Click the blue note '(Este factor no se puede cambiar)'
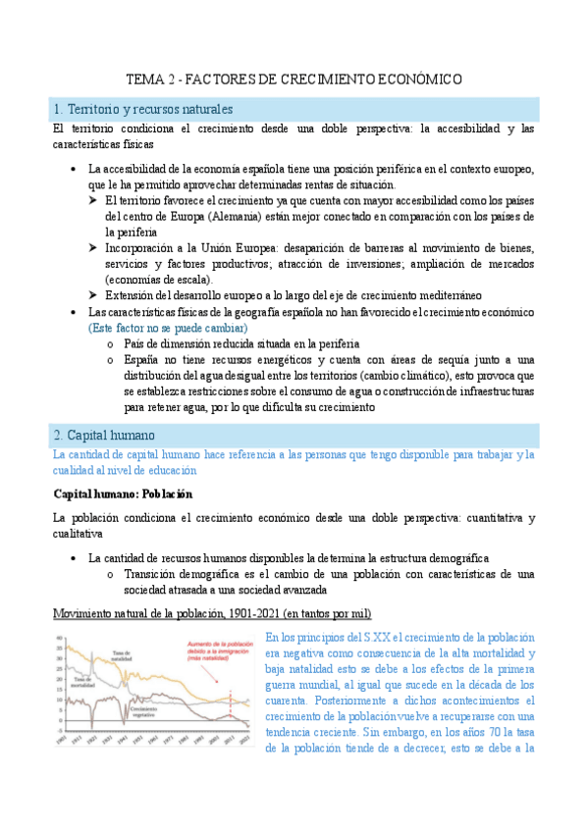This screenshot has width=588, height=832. [x=168, y=327]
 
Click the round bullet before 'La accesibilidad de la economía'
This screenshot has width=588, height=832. [x=75, y=168]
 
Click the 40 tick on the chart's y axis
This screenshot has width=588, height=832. [x=59, y=638]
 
